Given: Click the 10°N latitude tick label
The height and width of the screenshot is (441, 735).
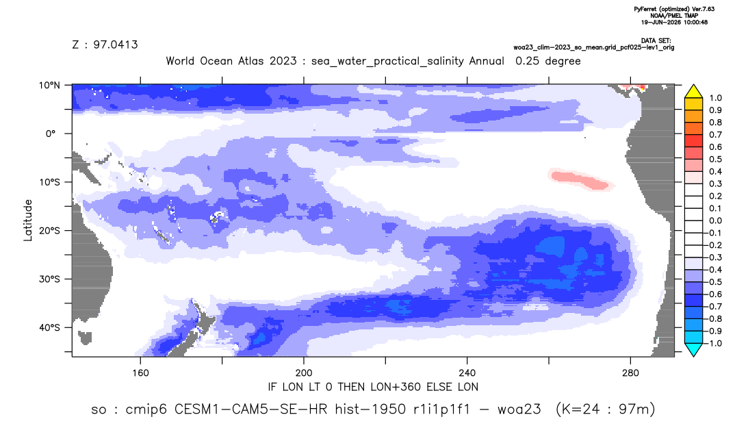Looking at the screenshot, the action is tap(49, 86).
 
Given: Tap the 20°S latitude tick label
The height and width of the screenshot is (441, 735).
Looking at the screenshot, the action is tap(49, 230).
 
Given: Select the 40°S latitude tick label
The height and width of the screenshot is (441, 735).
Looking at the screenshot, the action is tap(49, 327).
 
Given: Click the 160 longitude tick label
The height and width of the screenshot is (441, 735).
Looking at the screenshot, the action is tap(140, 373).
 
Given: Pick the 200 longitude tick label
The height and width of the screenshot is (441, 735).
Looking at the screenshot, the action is tap(304, 373).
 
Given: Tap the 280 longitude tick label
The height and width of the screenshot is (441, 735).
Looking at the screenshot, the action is tap(630, 373).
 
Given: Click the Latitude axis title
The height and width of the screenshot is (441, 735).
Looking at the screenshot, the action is tap(28, 220).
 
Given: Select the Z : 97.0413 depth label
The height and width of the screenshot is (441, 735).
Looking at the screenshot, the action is tap(105, 45).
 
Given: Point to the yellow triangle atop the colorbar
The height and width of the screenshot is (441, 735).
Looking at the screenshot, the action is tap(693, 92).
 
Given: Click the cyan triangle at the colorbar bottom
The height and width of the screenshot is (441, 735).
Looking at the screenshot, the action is tap(693, 349).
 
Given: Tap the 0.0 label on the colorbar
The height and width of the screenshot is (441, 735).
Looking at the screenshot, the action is tap(715, 220).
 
